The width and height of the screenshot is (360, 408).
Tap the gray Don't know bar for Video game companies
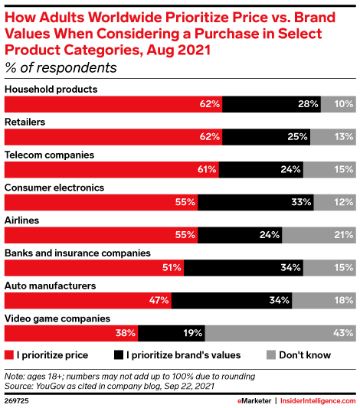click(280, 333)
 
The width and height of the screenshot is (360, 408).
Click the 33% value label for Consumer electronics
click(302, 203)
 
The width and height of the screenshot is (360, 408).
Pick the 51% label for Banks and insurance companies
click(172, 268)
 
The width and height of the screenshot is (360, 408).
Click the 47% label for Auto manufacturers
click(159, 301)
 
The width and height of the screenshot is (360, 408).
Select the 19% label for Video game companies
click(192, 333)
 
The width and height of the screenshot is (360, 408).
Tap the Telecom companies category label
click(50, 155)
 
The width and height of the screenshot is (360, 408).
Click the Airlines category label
click(23, 220)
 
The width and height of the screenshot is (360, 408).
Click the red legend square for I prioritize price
click(9, 354)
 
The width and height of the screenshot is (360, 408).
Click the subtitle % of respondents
click(61, 67)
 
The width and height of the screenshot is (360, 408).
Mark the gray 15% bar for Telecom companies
click(329, 169)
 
